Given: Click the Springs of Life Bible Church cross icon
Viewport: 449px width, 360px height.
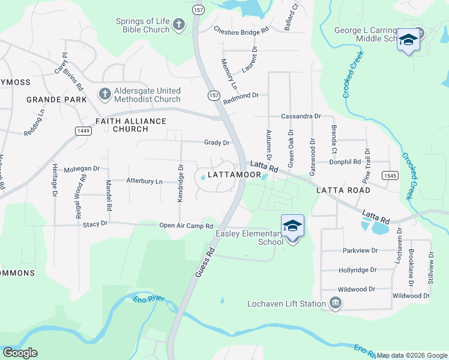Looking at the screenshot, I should [178, 25].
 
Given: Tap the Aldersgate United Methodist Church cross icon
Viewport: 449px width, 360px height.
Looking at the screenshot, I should [105, 94].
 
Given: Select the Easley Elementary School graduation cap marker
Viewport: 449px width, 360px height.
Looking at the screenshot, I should [292, 226].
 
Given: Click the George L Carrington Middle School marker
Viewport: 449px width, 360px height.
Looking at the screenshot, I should [408, 40].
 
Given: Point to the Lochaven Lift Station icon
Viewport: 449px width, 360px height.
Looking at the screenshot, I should [335, 304].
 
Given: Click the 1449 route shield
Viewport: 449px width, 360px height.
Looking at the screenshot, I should [83, 130].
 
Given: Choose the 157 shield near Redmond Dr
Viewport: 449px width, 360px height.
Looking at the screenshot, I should [214, 95].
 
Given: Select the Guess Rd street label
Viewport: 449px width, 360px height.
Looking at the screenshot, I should [205, 263].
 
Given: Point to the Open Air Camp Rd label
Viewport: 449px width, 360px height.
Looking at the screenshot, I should [186, 226].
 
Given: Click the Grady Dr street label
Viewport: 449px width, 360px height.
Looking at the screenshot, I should [217, 143].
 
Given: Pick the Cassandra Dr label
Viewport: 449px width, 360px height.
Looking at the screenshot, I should [301, 116].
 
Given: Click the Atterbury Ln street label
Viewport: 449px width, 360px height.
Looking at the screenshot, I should [144, 181].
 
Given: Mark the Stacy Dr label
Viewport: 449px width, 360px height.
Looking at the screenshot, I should [95, 223].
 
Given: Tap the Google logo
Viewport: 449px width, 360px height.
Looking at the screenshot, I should [20, 353].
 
